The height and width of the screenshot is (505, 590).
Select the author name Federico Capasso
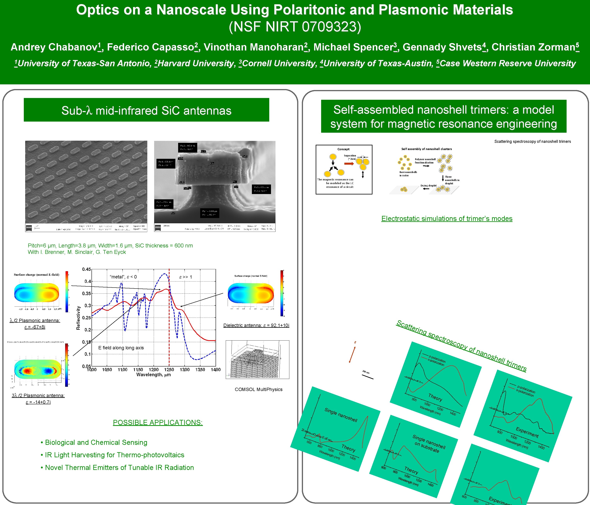click(x=151, y=47)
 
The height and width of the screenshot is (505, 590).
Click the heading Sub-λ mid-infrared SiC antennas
click(x=146, y=111)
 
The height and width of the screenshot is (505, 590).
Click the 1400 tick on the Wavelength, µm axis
click(x=216, y=370)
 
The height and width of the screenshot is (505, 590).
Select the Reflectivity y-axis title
click(x=78, y=318)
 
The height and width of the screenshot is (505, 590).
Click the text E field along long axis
click(x=121, y=348)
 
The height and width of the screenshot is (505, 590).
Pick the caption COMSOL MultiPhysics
click(x=259, y=389)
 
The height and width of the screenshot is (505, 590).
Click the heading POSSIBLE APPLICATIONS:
click(x=158, y=423)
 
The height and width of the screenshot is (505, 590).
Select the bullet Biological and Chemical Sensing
click(x=96, y=442)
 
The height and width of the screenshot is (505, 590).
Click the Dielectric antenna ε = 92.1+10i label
click(x=256, y=325)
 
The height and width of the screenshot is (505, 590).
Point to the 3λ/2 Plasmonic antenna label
click(x=38, y=396)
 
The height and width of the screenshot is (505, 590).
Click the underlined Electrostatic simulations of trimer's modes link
click(x=447, y=219)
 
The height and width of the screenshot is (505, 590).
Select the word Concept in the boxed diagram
click(x=343, y=149)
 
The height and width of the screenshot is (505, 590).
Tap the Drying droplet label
click(x=428, y=186)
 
